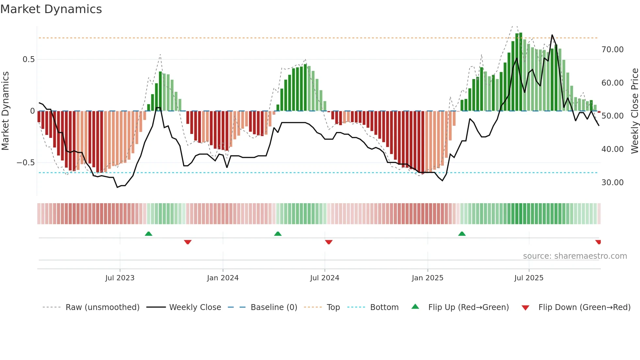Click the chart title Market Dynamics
tap(51, 9)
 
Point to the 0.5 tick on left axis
tap(28, 59)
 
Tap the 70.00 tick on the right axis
tap(612, 50)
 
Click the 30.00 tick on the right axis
tap(612, 183)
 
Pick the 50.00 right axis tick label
tap(612, 116)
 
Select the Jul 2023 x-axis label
tap(120, 278)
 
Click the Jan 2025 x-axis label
tap(427, 278)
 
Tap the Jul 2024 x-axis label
tap(325, 278)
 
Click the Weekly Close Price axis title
tap(634, 111)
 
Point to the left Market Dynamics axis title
tap(5, 111)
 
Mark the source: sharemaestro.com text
tap(575, 256)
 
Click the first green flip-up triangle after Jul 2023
tap(149, 234)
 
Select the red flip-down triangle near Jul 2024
tap(329, 242)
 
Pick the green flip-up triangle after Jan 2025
tap(462, 234)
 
